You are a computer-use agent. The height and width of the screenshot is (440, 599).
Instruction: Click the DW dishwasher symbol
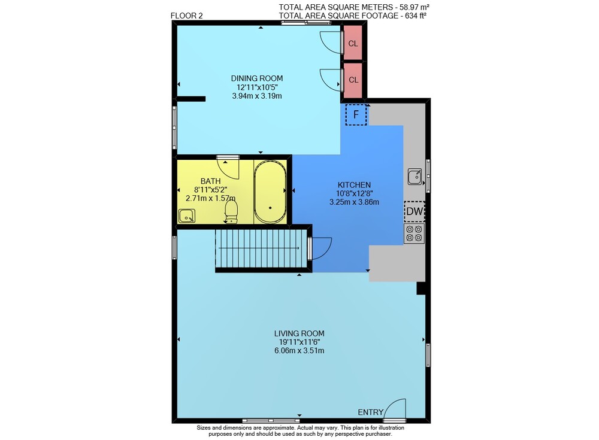pos(415,211)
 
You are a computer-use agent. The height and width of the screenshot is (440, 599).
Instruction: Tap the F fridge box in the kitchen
pos(356,114)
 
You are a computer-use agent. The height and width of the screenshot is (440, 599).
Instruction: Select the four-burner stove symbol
pos(414,233)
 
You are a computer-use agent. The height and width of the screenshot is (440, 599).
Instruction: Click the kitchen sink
pos(415,177)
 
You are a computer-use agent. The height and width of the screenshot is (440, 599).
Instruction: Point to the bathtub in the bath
pos(270,192)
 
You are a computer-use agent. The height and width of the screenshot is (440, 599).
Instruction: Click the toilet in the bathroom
pos(231,211)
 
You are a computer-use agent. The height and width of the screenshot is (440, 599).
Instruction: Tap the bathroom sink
pos(187,216)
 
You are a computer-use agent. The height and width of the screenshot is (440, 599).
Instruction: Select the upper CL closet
pos(353,43)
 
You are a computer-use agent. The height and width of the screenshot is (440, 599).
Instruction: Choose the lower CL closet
pos(353,80)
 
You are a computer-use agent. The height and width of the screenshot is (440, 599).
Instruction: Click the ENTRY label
pos(371,412)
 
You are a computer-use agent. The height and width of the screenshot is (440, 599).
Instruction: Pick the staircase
pos(261,248)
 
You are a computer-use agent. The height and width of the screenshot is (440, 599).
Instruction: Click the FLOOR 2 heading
pos(187,16)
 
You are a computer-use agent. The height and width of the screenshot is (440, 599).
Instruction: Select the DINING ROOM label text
pos(257,78)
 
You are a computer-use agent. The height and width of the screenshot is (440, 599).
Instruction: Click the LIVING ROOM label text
pos(299,333)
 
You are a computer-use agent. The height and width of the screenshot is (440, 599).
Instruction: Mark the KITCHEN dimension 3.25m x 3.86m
pos(354,202)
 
